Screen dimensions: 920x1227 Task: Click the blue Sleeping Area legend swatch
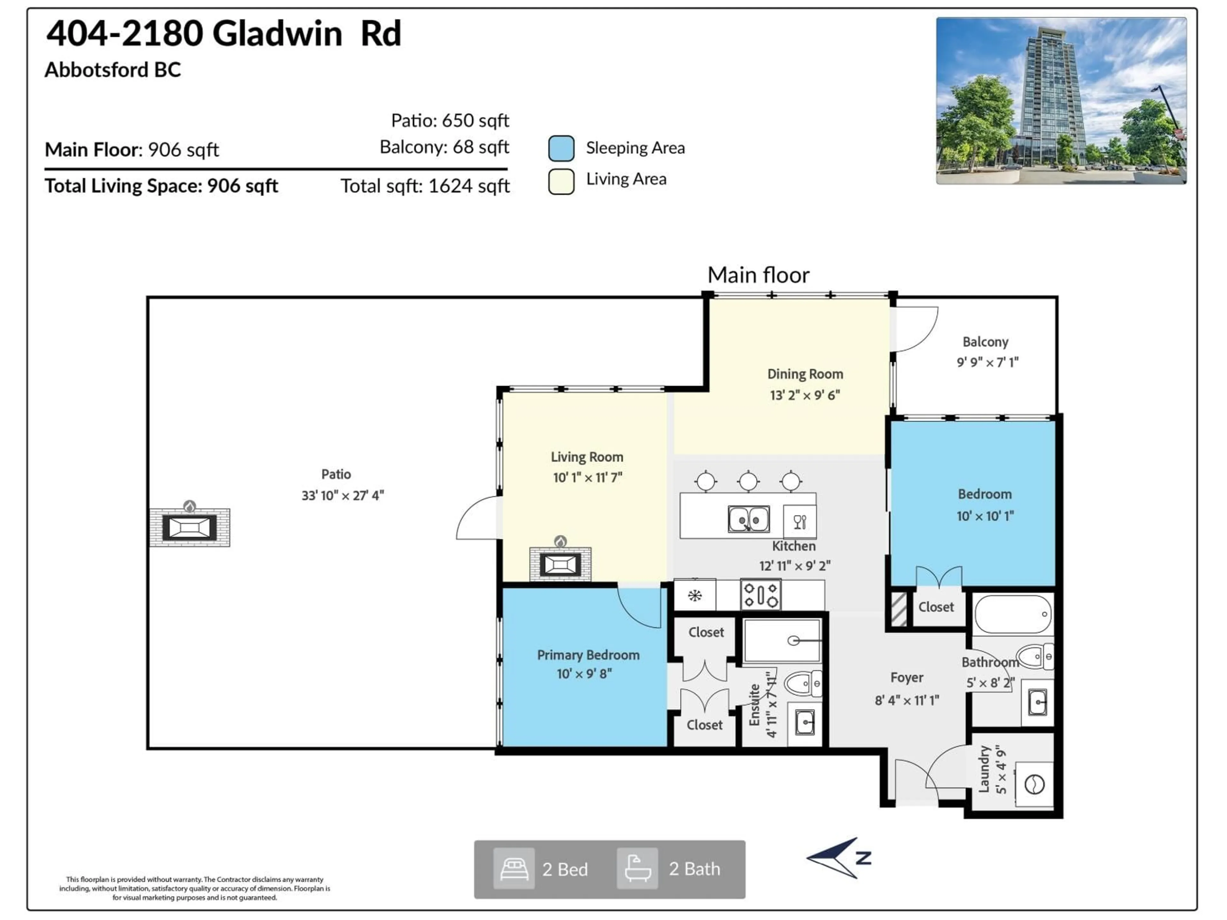click(561, 149)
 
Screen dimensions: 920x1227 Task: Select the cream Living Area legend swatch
click(561, 181)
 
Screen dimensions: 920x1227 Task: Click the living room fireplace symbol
click(560, 564)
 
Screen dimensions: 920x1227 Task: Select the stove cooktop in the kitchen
click(760, 595)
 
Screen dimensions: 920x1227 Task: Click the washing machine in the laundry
click(1034, 784)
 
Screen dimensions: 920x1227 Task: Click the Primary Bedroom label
click(588, 655)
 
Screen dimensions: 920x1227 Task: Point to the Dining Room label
click(805, 374)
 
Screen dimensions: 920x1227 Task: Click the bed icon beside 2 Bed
click(514, 869)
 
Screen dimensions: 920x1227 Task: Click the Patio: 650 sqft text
click(450, 120)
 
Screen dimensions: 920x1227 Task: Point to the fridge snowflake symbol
click(694, 595)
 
